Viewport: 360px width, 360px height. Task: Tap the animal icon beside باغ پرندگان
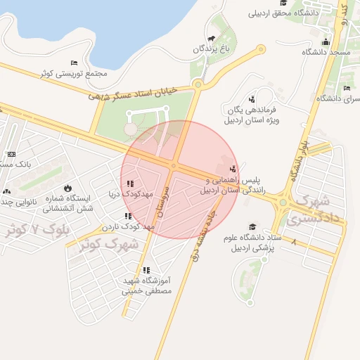point(210,39)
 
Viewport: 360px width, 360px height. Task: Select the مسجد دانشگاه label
point(326,53)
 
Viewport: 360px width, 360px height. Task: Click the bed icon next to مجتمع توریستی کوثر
point(75,63)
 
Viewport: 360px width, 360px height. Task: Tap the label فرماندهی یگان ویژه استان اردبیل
point(251,115)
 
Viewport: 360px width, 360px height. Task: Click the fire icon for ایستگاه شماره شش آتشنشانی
point(67,188)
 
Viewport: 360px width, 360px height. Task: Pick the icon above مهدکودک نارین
point(127,216)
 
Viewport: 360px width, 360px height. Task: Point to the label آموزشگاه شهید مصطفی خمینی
point(146,284)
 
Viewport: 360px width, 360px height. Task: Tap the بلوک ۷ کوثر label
point(32,229)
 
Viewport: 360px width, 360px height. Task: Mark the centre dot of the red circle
point(174,167)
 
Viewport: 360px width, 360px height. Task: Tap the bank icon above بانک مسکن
point(11,154)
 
